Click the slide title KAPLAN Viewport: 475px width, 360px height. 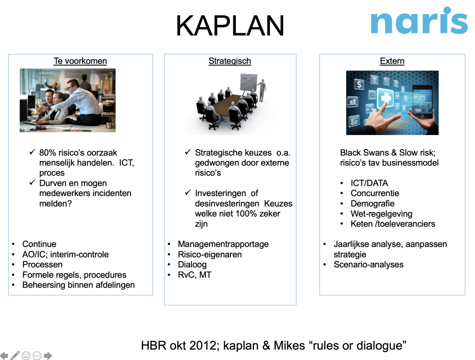pos(230,26)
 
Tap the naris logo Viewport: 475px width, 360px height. pos(419,21)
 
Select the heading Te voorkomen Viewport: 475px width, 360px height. pos(80,61)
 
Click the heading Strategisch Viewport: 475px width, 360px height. pos(229,61)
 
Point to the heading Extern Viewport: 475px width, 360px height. pos(392,61)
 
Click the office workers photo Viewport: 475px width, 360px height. pos(68,100)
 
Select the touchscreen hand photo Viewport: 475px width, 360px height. pos(392,103)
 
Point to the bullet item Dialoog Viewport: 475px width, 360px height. pos(192,265)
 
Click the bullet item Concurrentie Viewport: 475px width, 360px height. pos(374,193)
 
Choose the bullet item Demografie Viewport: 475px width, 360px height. pos(372,203)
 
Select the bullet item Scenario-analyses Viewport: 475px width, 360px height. pos(368,265)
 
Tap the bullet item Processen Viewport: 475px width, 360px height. pos(42,265)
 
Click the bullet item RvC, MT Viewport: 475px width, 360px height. pos(194,275)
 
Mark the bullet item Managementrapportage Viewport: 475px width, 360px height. pos(223,244)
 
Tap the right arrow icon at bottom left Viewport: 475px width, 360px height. pos(48,355)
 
